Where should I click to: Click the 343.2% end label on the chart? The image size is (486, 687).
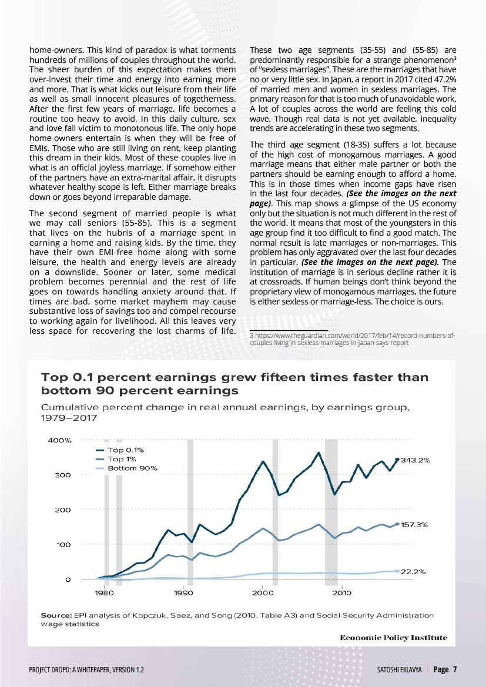point(415,461)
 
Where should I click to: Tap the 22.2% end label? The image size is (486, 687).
point(413,571)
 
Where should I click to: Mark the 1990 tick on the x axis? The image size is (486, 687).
point(184,592)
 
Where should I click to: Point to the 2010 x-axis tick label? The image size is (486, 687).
point(342,592)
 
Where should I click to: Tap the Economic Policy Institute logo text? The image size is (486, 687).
point(393,638)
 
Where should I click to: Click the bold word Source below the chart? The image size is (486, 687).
point(56,615)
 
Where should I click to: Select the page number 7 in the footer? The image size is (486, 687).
point(455,669)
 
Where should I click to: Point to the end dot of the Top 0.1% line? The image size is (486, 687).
point(397,460)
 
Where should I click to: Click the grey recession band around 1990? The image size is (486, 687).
point(190,511)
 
